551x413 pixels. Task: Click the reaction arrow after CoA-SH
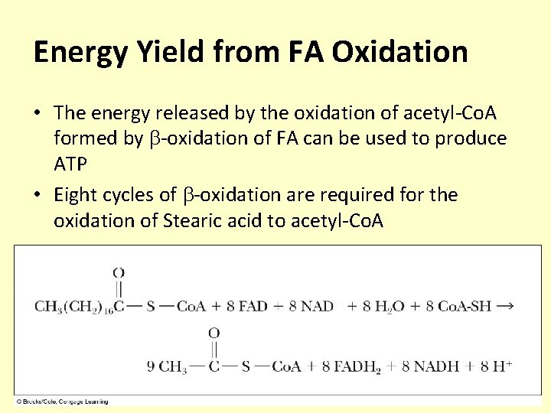[x=504, y=306]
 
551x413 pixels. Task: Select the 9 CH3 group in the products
[x=167, y=367]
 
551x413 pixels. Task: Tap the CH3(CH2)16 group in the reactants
[x=73, y=307]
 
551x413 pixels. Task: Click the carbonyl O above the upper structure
[x=119, y=272]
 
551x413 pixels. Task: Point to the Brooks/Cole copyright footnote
[x=64, y=401]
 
